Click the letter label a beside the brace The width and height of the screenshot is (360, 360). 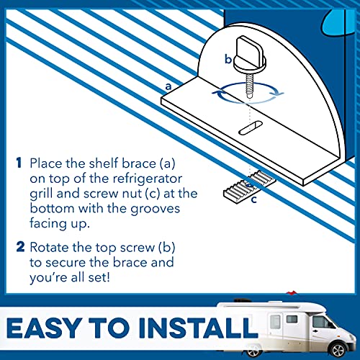click(168, 86)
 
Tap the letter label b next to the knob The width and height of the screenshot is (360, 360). click(228, 60)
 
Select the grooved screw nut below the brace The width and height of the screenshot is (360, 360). click(236, 189)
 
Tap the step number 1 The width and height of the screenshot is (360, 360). click(19, 163)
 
